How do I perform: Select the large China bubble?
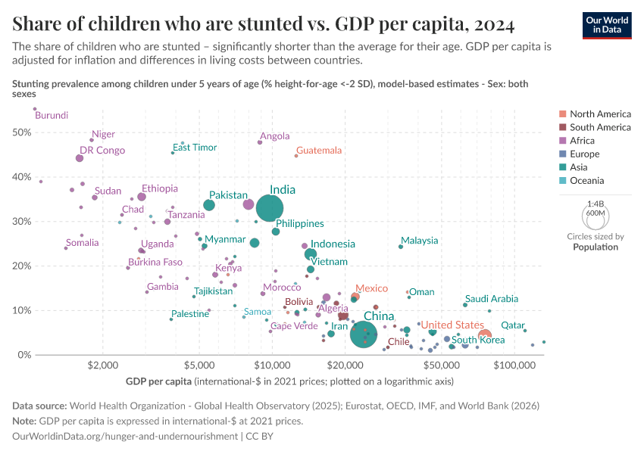[364, 334]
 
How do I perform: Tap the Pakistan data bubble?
[209, 205]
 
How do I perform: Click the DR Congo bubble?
[80, 158]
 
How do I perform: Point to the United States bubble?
[485, 335]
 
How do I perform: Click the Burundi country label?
[52, 116]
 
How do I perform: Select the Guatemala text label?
[319, 151]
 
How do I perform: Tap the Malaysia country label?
[420, 241]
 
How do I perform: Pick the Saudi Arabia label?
[492, 299]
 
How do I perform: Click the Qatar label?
[513, 325]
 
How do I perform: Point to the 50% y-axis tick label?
[20, 132]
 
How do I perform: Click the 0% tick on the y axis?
[23, 355]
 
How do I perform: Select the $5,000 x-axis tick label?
[200, 366]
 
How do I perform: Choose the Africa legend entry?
[583, 141]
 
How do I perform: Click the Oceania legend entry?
[586, 181]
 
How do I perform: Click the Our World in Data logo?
[606, 23]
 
